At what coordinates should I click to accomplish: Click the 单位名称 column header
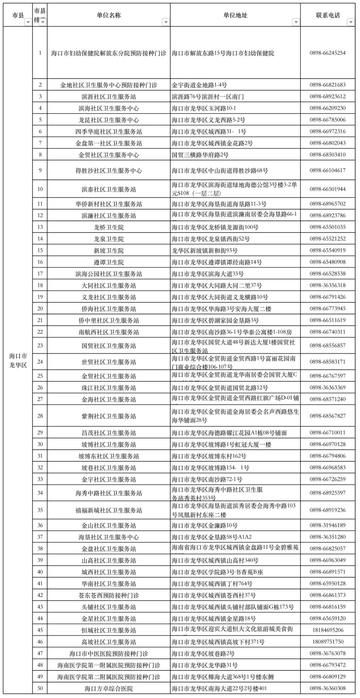(109, 15)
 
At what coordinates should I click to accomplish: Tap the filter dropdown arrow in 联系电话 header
(350, 22)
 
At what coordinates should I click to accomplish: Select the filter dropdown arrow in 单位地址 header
(296, 22)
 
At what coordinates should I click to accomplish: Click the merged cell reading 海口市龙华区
(18, 360)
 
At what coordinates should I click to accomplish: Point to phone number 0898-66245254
(327, 53)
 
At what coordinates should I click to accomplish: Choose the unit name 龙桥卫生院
(109, 227)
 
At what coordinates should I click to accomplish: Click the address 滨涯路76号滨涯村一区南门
(208, 97)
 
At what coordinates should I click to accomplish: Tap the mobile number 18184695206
(327, 630)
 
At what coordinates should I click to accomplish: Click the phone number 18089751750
(327, 641)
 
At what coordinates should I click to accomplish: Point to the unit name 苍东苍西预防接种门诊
(109, 595)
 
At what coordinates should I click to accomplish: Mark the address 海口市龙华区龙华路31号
(205, 665)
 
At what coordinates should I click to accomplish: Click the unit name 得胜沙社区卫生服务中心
(109, 171)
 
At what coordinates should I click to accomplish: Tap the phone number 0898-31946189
(327, 525)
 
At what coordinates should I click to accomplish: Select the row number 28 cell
(40, 415)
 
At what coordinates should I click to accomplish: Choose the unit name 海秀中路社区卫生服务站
(109, 493)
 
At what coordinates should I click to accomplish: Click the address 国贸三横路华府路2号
(200, 155)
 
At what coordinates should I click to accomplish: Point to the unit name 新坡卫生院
(109, 251)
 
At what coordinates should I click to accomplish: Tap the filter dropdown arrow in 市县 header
(28, 22)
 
